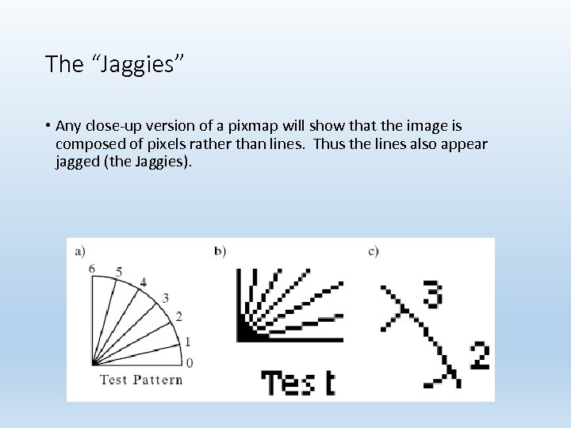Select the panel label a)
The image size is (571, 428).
coord(80,252)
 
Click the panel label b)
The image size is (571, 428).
coord(220,251)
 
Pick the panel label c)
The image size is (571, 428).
coord(374,251)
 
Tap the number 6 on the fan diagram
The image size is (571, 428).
coord(92,269)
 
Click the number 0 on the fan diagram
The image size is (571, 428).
coord(189,363)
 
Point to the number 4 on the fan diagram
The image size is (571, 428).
coord(143,281)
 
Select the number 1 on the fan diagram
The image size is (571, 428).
coord(187,342)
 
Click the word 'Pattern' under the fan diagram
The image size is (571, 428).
coord(157,379)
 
